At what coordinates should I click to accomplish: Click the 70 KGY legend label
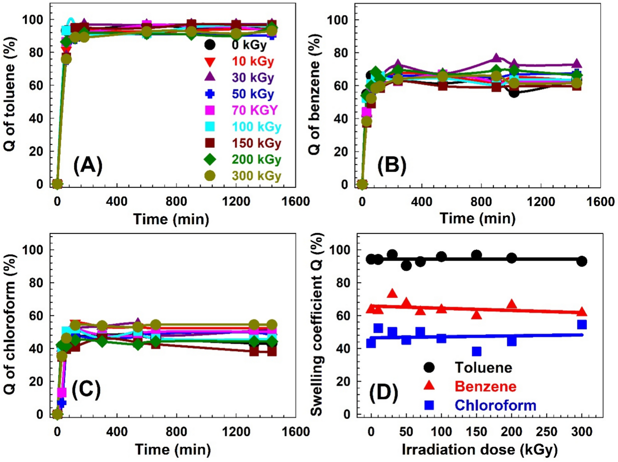(x=255, y=110)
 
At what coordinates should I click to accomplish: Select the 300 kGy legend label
(x=256, y=176)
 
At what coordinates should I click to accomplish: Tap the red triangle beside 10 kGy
(x=210, y=62)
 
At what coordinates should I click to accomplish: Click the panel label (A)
(x=88, y=165)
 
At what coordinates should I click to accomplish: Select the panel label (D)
(x=383, y=392)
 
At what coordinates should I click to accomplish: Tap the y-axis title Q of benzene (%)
(x=314, y=94)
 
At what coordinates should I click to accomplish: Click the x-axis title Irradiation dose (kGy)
(x=479, y=450)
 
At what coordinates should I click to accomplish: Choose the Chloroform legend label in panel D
(x=495, y=405)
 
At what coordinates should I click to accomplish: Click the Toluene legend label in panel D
(x=483, y=368)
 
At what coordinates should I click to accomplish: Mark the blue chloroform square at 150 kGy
(x=477, y=351)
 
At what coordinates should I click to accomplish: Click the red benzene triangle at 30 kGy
(x=392, y=294)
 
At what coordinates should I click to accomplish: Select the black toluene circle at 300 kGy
(x=582, y=261)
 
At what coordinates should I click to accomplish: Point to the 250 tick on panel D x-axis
(x=546, y=432)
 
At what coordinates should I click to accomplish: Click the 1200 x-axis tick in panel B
(x=540, y=202)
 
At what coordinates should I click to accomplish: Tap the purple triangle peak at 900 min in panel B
(x=496, y=58)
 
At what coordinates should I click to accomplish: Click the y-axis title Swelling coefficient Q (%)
(x=316, y=325)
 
